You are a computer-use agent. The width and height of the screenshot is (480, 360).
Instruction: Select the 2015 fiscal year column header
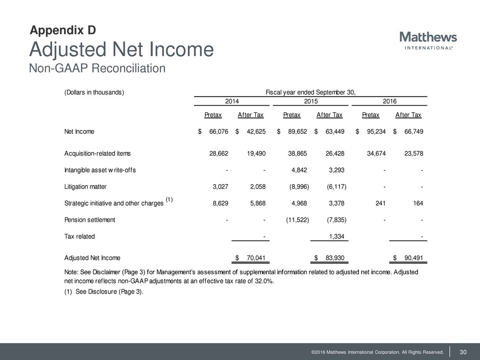point(311,102)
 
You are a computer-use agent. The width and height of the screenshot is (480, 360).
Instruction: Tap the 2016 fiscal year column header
point(390,102)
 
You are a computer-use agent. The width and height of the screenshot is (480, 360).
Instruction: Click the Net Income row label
point(79,131)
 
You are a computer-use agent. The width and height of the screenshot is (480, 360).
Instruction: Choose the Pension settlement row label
point(90,220)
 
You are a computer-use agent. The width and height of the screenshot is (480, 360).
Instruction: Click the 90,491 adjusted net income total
point(413,258)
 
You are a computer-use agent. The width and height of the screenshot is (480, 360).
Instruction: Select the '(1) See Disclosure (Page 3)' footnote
point(101,292)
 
